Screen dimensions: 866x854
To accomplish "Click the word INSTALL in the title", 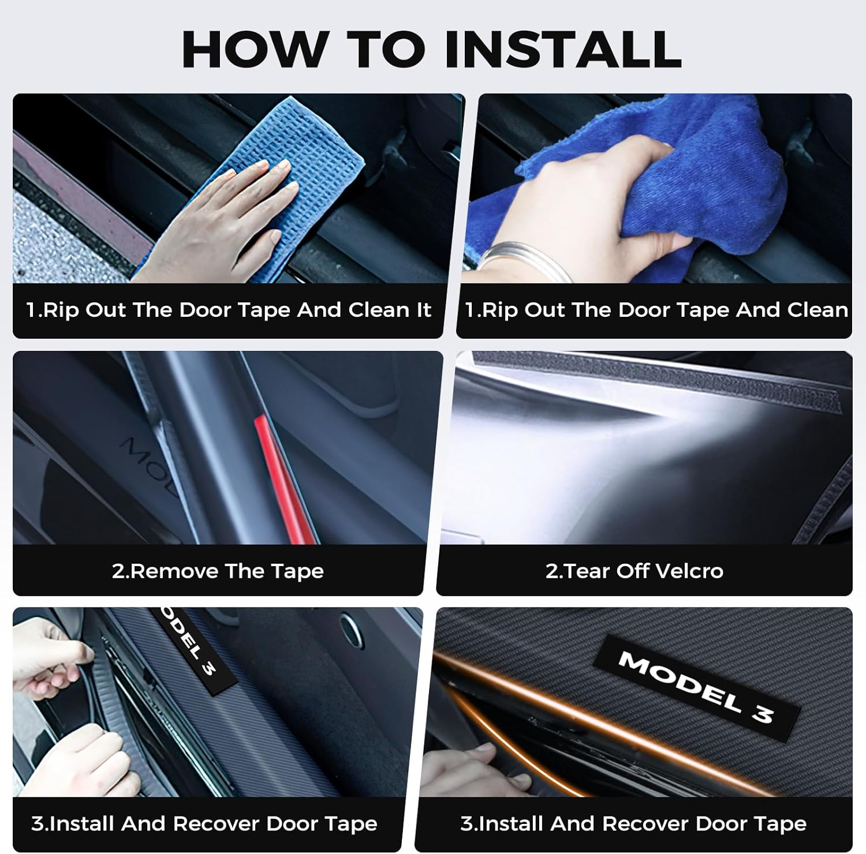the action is coord(562,49).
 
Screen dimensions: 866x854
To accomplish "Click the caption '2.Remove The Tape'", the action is coord(218,571).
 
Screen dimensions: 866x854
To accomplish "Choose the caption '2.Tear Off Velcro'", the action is coord(634,571).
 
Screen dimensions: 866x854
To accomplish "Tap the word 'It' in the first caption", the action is coord(423,310).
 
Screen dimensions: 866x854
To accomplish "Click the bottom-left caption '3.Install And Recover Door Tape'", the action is coord(204,824).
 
